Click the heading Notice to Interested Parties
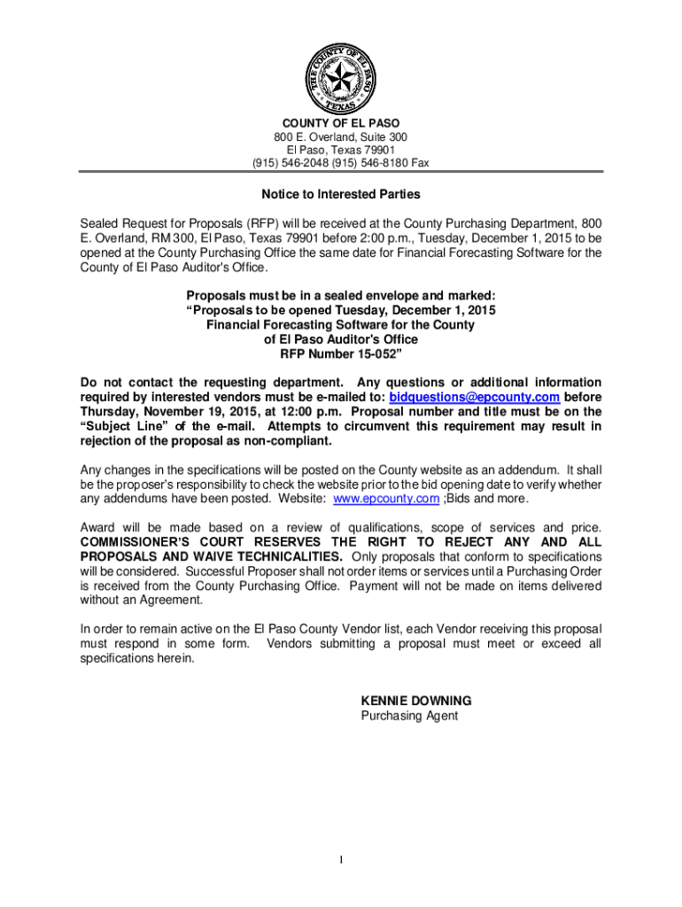[x=340, y=194]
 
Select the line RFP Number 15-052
[x=341, y=354]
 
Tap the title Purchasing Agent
[x=409, y=715]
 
